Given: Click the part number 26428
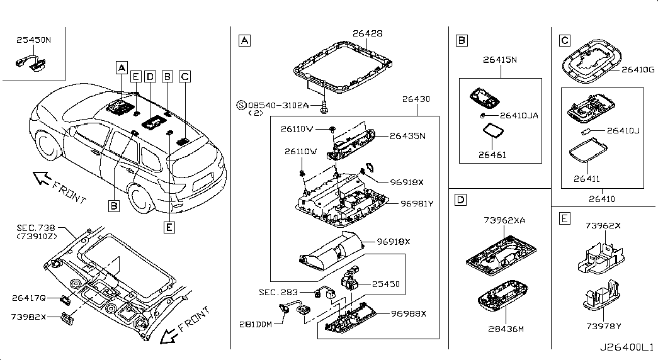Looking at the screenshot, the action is pos(368,33).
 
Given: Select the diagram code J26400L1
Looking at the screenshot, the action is pos(626,347).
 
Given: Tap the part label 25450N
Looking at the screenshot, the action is pos(33,40).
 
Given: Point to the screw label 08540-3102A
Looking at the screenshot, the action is pos(278,105).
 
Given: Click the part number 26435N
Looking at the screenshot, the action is pos(407,136).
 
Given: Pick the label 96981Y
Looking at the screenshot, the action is pos(417,204).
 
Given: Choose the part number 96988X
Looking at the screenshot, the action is pos(408,314).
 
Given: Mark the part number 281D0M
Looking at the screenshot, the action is pos(256,324).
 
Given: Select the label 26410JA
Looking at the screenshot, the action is pos(519,115).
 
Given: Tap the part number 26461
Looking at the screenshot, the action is pos(492,155).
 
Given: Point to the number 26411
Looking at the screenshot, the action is pos(587,179).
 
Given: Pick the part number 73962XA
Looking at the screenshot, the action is pos(504,220).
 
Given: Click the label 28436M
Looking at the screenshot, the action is pos(506,329).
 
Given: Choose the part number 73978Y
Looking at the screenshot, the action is pos(603,326).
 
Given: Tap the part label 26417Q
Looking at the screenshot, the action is pos(28,298).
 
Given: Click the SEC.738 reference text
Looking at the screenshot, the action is pos(36,228).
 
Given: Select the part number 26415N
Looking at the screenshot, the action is pos(500,60).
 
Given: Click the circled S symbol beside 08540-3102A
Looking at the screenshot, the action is pos(241,105).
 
